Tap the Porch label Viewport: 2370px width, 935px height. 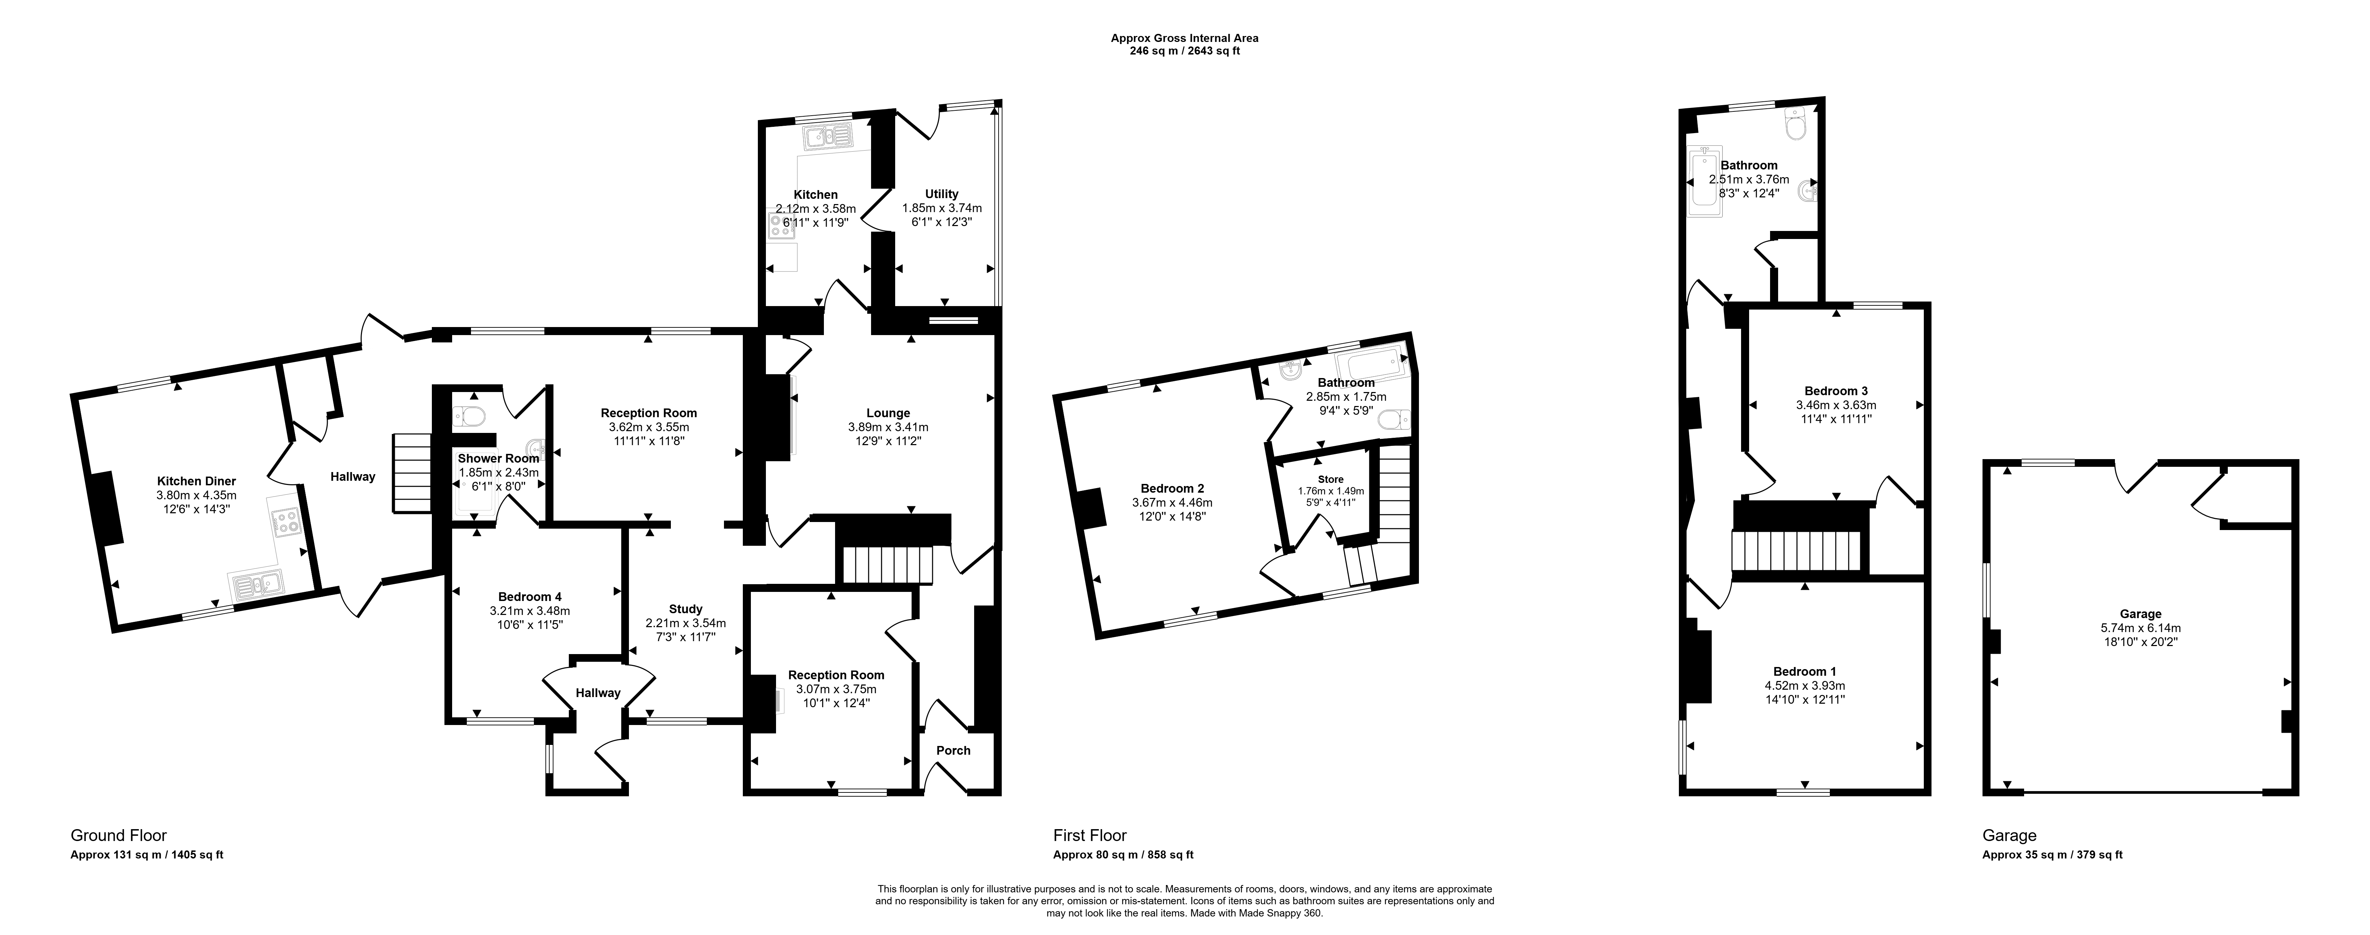(953, 750)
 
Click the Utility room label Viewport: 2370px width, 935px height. (941, 194)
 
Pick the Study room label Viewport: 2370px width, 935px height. (686, 609)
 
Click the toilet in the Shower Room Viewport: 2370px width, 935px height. (471, 417)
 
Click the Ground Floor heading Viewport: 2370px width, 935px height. (119, 836)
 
